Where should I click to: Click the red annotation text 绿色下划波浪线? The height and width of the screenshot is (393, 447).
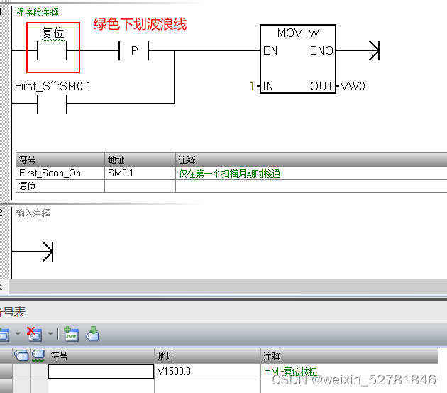[x=140, y=24]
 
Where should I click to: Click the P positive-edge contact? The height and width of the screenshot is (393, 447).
[x=134, y=51]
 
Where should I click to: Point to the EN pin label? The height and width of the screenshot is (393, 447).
[x=270, y=51]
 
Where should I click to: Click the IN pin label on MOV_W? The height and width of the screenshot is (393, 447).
[x=268, y=87]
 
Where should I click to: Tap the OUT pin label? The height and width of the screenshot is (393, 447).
[x=321, y=87]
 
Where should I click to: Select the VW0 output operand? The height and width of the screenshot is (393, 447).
[x=353, y=87]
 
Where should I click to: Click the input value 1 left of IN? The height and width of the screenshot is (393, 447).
[x=250, y=87]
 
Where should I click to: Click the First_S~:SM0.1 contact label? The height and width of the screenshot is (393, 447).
[x=53, y=87]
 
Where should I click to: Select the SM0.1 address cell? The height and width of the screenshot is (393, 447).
[x=121, y=173]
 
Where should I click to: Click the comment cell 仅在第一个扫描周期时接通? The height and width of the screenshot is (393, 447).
[x=229, y=173]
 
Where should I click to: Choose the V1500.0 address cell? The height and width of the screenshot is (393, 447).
[x=173, y=371]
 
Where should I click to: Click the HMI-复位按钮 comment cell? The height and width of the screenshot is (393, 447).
[x=291, y=371]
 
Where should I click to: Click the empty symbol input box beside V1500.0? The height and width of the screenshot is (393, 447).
[x=100, y=371]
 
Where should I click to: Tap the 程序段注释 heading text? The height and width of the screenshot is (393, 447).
[x=38, y=12]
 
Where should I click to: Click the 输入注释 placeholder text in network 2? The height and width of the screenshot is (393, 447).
[x=33, y=213]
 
